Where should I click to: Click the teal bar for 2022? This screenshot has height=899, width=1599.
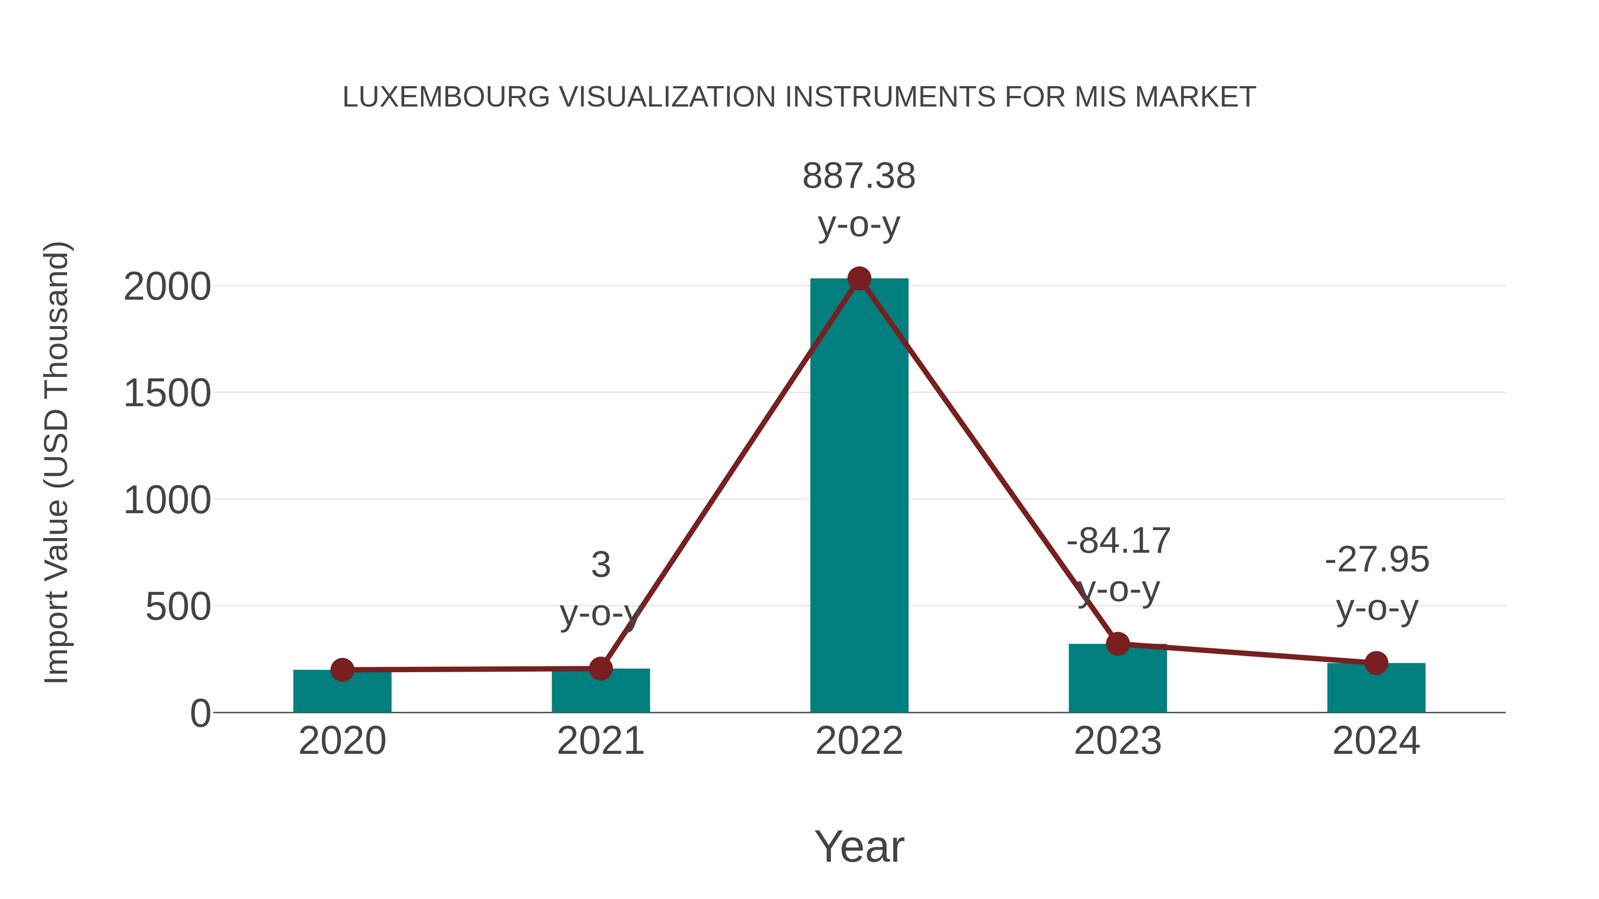(859, 496)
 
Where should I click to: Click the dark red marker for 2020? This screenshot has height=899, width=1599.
(342, 669)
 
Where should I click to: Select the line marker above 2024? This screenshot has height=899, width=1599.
(1376, 663)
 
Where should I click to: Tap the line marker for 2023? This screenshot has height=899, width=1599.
(1118, 644)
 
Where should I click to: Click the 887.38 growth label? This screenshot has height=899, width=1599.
(859, 176)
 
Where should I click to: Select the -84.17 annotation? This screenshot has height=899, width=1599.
(1118, 541)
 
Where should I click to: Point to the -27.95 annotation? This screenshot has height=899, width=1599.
(1377, 560)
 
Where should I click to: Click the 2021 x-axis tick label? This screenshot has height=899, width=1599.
(600, 741)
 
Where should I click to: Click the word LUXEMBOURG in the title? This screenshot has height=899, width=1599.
(445, 97)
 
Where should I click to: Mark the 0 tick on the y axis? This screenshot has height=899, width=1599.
(200, 713)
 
